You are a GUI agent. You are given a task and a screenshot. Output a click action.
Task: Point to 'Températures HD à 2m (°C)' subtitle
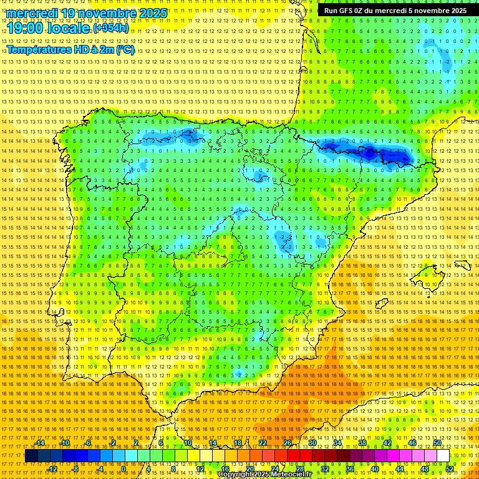[x=70, y=49]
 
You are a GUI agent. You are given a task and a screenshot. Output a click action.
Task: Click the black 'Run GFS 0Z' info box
[x=394, y=11]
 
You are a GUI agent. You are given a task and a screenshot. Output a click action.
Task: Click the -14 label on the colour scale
[x=40, y=443]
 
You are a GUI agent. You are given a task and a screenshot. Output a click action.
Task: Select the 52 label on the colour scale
[x=450, y=469]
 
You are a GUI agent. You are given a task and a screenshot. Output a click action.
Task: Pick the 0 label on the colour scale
[x=123, y=469]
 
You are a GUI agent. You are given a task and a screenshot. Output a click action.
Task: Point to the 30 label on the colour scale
[x=312, y=443]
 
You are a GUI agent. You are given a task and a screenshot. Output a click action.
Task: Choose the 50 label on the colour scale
[x=437, y=443]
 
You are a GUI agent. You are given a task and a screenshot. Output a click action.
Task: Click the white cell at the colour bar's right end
[x=443, y=456]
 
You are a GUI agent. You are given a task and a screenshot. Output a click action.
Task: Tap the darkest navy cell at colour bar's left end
[x=31, y=456]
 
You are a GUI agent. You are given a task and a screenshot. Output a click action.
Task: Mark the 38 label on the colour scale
[x=362, y=443]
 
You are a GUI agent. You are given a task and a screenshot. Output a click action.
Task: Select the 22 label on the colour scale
[x=262, y=443]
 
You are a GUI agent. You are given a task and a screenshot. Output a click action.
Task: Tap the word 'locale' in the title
[x=69, y=29]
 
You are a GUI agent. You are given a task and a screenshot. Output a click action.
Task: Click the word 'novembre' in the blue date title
[x=109, y=13]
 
